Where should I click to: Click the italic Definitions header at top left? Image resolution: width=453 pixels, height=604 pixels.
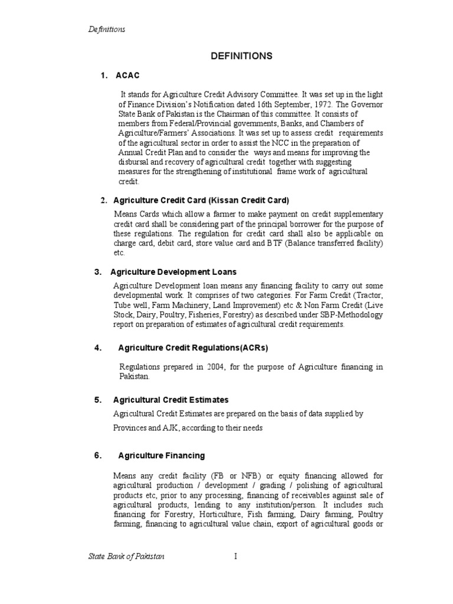pyautogui.click(x=106, y=29)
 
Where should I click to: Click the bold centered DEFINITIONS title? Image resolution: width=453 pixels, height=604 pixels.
pyautogui.click(x=242, y=56)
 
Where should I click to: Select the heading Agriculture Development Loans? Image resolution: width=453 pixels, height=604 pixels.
pyautogui.click(x=173, y=272)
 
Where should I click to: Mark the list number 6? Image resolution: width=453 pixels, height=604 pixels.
pyautogui.click(x=97, y=455)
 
